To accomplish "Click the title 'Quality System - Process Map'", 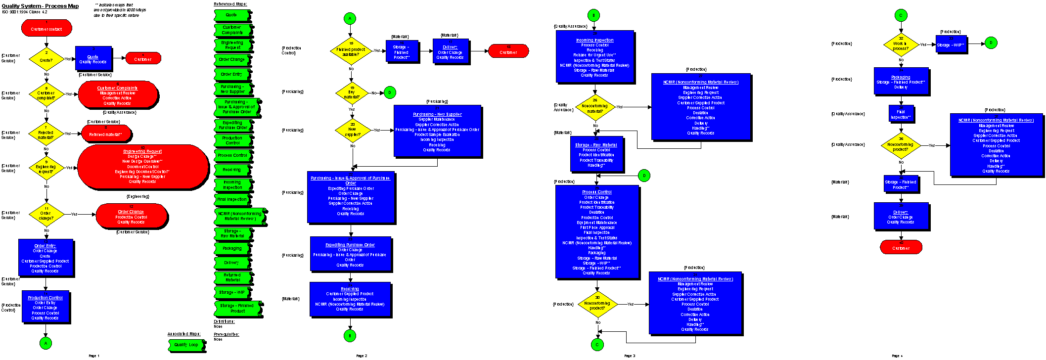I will [40, 6].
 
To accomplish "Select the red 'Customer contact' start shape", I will [46, 28].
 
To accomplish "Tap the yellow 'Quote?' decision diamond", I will [46, 59].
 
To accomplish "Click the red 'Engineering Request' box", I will [143, 167].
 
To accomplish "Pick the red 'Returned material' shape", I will [106, 133].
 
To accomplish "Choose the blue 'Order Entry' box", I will [45, 258].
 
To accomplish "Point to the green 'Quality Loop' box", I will [186, 345].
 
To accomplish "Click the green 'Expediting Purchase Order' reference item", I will [232, 125].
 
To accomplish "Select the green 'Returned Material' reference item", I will [232, 277].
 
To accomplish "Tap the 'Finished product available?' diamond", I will [351, 50].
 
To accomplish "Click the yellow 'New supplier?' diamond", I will [352, 131].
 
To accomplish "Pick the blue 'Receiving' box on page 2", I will [350, 299].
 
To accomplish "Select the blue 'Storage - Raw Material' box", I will [596, 154].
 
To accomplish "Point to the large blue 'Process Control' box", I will [597, 231].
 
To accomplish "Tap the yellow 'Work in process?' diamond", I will [901, 45].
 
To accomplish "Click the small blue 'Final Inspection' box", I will [901, 114].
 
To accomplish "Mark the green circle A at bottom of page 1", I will [45, 343].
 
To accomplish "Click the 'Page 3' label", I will [629, 356].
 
